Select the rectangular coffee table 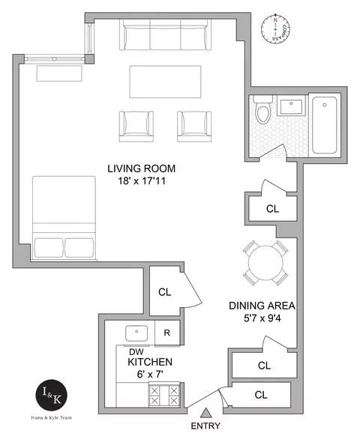point(165,80)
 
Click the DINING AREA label point(262,306)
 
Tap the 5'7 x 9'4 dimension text point(262,320)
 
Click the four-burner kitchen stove point(163,394)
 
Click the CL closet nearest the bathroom point(271,209)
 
